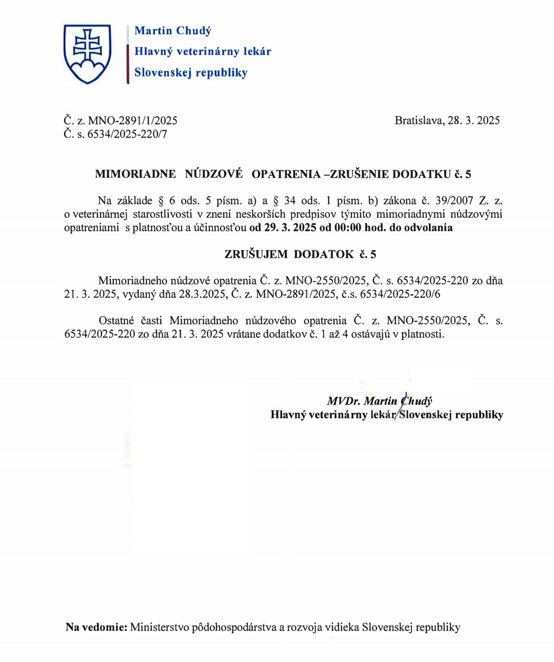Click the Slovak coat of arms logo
click(87, 53)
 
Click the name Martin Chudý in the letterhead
click(173, 31)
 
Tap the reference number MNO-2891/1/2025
click(133, 121)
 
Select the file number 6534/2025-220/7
click(127, 135)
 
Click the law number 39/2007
click(454, 201)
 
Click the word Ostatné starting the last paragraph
click(116, 321)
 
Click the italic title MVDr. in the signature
click(344, 401)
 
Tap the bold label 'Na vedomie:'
click(96, 627)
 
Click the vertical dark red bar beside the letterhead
click(128, 64)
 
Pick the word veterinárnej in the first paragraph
click(100, 214)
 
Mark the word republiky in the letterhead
click(222, 73)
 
